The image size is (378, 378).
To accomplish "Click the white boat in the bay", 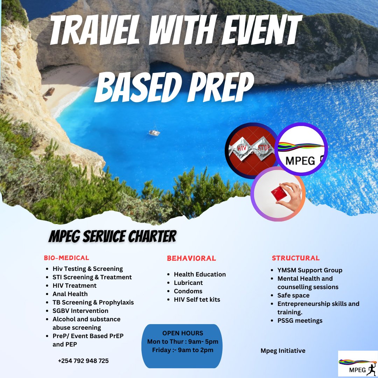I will pyautogui.click(x=154, y=132).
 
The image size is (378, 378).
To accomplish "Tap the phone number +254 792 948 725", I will pyautogui.click(x=83, y=361).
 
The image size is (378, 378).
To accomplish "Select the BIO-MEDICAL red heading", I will pyautogui.click(x=66, y=258).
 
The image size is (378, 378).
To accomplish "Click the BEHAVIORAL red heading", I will pyautogui.click(x=191, y=259).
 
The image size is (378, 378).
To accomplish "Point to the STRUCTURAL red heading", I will pyautogui.click(x=296, y=258).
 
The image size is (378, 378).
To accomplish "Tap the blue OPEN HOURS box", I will pyautogui.click(x=183, y=346).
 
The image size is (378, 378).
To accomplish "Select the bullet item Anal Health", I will pyautogui.click(x=70, y=294).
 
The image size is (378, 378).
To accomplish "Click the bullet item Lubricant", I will pyautogui.click(x=188, y=283).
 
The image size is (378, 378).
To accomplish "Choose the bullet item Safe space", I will pyautogui.click(x=293, y=295).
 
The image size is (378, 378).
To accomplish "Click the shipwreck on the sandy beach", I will pyautogui.click(x=49, y=93).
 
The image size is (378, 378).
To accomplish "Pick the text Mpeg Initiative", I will pyautogui.click(x=283, y=351).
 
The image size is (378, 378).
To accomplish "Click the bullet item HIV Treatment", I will pyautogui.click(x=75, y=286).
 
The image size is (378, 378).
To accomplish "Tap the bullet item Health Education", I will pyautogui.click(x=200, y=274).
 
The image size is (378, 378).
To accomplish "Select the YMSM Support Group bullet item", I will pyautogui.click(x=310, y=270).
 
